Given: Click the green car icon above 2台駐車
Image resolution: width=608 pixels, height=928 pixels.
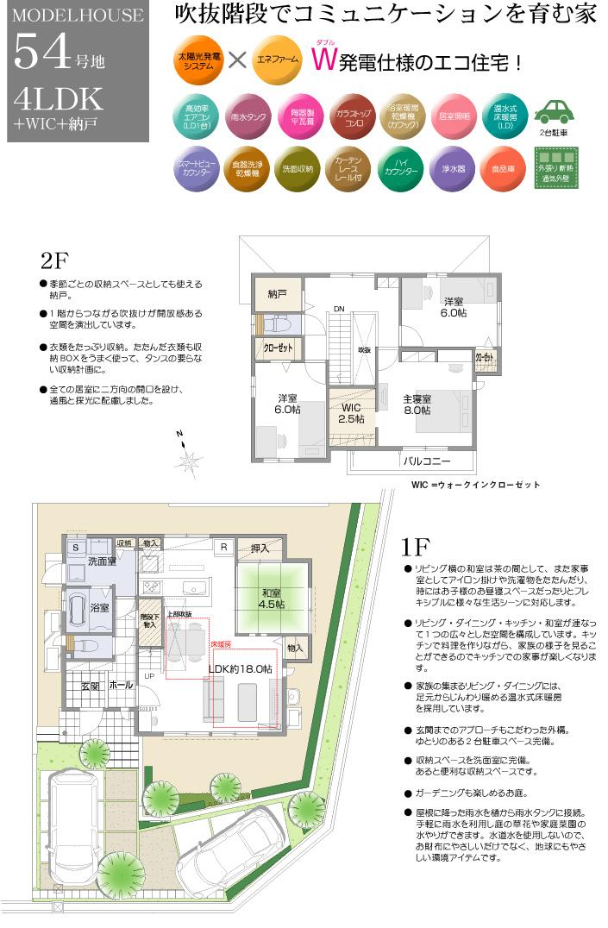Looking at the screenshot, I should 555,113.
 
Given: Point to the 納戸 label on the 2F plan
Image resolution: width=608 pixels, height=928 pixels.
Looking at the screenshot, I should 277,294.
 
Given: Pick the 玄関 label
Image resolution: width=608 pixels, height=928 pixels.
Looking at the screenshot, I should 91,686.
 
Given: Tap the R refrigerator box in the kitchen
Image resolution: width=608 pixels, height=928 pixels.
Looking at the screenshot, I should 223,546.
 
